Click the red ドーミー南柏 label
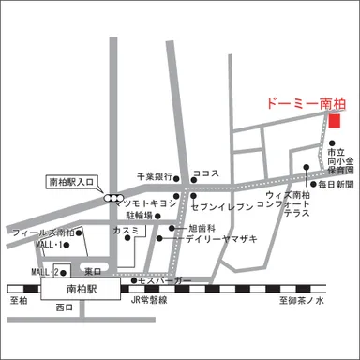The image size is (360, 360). point(300,103)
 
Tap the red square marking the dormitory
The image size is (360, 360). point(336,120)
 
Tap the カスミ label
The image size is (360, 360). point(125,230)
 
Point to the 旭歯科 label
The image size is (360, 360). point(201,228)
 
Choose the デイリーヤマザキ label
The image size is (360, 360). point(220,240)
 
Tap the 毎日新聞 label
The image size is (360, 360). point(336,184)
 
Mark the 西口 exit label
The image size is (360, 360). point(65,307)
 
